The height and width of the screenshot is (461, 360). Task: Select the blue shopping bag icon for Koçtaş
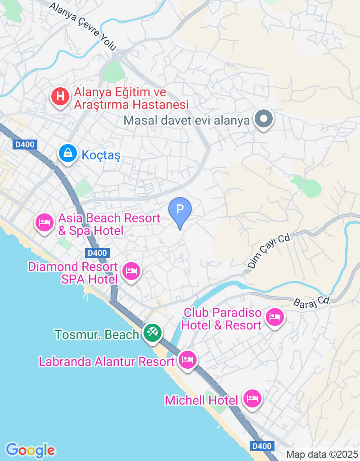(x=67, y=154)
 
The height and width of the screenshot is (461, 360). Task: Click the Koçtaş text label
(x=101, y=155)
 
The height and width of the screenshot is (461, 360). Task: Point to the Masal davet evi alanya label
(x=186, y=121)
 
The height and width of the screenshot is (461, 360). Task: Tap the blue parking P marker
(x=180, y=210)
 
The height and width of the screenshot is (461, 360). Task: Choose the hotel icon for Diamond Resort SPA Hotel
(x=131, y=271)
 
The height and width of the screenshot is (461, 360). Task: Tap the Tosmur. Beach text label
(x=97, y=334)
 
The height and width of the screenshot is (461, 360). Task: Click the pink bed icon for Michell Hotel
(x=252, y=398)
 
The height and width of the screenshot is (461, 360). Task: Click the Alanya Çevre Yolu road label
(x=83, y=26)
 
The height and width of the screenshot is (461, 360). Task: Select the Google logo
(x=30, y=450)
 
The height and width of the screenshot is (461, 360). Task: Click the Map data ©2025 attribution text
(x=322, y=454)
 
